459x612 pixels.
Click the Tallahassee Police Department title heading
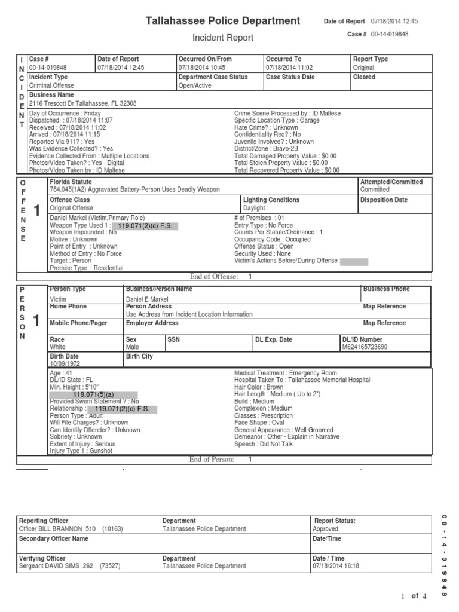pyautogui.click(x=223, y=21)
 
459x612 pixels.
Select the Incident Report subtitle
pyautogui.click(x=222, y=38)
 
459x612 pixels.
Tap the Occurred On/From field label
pyautogui.click(x=205, y=59)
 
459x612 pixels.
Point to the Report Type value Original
pyautogui.click(x=363, y=68)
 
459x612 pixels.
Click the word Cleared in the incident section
pyautogui.click(x=364, y=77)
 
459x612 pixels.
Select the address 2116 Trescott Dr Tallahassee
pyautogui.click(x=83, y=103)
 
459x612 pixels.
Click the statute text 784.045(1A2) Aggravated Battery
pyautogui.click(x=134, y=189)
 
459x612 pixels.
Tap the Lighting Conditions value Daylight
pyautogui.click(x=254, y=208)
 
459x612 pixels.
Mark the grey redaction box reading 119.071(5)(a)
pyautogui.click(x=93, y=394)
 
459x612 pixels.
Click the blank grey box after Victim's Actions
pyautogui.click(x=354, y=261)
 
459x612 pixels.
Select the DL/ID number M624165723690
pyautogui.click(x=364, y=347)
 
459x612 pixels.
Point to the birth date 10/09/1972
pyautogui.click(x=65, y=363)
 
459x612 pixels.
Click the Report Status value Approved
pyautogui.click(x=326, y=529)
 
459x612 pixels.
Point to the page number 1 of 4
pyautogui.click(x=414, y=596)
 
